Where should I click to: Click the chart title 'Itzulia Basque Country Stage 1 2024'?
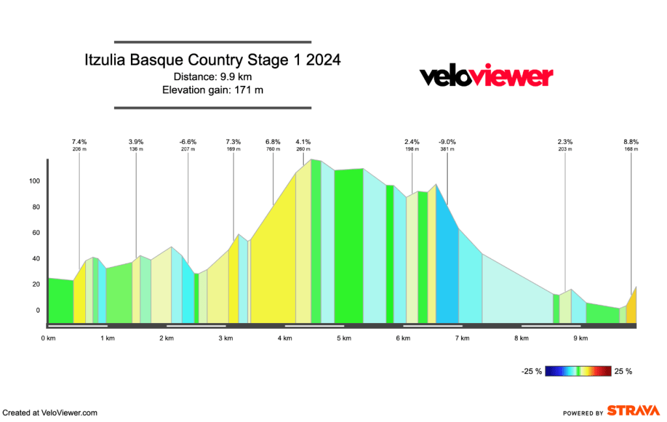pos(212,61)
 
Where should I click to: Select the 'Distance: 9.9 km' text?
pos(212,76)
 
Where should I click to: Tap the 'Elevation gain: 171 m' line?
pos(212,89)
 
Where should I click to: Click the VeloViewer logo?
pos(486,77)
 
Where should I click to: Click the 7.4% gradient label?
pos(79,141)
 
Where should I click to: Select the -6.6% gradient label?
pos(188,141)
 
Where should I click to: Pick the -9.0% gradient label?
pos(447,141)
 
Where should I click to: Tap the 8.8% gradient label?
pos(631,141)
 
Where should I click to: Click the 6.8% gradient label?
pos(273,141)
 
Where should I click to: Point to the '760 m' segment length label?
pos(273,149)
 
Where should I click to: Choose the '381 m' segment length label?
pos(447,149)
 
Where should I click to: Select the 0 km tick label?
pos(47,338)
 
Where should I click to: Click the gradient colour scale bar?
pos(578,371)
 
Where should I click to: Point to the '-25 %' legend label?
pos(532,372)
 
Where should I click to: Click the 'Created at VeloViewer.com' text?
pos(50,412)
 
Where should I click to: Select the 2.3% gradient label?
pos(565,141)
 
